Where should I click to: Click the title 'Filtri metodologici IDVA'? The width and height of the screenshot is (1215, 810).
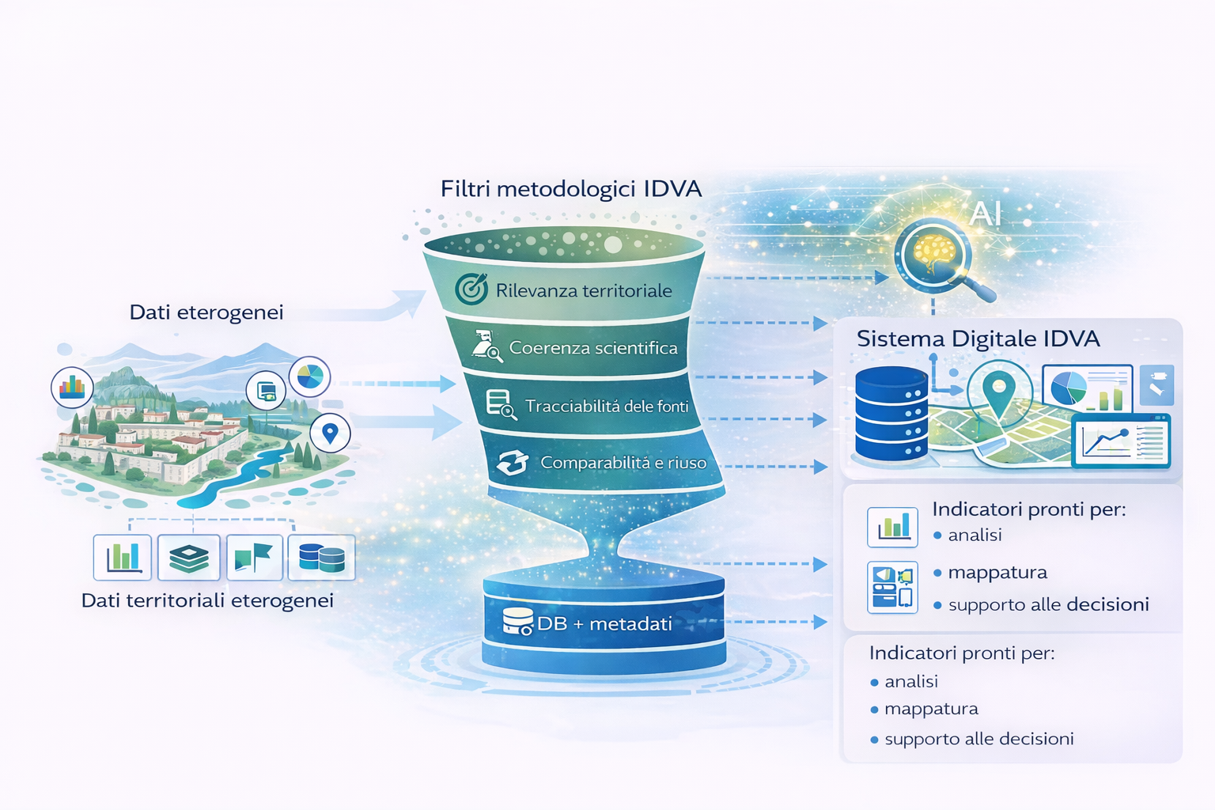[x=571, y=189]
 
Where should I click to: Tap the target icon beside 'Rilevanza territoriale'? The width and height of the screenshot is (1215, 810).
[x=471, y=289]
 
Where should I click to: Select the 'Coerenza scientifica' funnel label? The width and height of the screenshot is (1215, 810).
[x=593, y=348]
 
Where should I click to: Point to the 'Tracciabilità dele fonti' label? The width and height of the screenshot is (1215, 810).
[x=607, y=407]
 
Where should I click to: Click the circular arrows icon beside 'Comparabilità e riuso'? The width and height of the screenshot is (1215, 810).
[x=512, y=463]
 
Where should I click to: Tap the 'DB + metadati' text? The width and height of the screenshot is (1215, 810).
[x=604, y=624]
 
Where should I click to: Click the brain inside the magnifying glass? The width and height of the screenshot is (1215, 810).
[x=933, y=252]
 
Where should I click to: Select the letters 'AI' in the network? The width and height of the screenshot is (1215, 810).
[x=986, y=214]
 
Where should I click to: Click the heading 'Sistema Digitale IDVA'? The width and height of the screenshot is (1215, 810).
[x=978, y=339]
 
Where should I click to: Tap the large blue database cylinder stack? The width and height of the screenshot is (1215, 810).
[x=891, y=414]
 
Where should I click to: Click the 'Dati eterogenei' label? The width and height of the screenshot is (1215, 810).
[x=206, y=312]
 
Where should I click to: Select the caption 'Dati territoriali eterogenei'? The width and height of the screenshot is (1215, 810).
[x=207, y=600]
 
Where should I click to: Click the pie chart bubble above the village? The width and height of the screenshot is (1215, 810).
[x=309, y=377]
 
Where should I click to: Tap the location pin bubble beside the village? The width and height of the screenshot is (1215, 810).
[x=330, y=433]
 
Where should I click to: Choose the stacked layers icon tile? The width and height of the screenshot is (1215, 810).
[x=188, y=558]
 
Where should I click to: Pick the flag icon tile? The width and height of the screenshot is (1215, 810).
[x=254, y=558]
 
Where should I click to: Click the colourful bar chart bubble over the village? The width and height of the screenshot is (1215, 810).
[x=72, y=387]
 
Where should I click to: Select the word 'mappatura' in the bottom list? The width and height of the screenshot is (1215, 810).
[x=931, y=709]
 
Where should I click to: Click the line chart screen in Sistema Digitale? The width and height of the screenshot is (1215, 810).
[x=1120, y=443]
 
